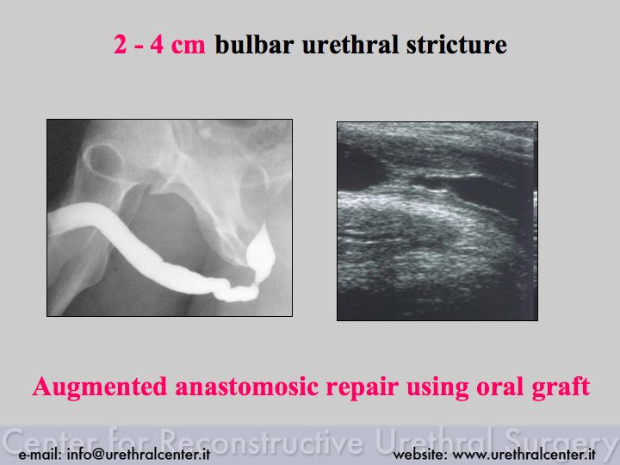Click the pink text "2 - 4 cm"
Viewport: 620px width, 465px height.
160,45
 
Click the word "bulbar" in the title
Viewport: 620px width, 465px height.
254,44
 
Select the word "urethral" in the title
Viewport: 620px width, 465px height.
350,44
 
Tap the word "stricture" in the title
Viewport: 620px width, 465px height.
456,44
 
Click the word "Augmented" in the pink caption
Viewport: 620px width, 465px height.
100,387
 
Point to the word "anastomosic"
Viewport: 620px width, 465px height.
247,387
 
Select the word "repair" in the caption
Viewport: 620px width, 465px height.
363,387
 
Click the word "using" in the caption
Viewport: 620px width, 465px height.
437,387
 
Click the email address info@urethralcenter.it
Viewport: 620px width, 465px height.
139,454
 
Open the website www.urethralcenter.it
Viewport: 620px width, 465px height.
524,454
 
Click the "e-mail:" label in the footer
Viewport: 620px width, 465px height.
40,455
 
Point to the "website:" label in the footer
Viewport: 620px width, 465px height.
420,454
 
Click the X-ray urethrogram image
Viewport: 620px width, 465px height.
170,218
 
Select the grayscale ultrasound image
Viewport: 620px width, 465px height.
437,221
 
